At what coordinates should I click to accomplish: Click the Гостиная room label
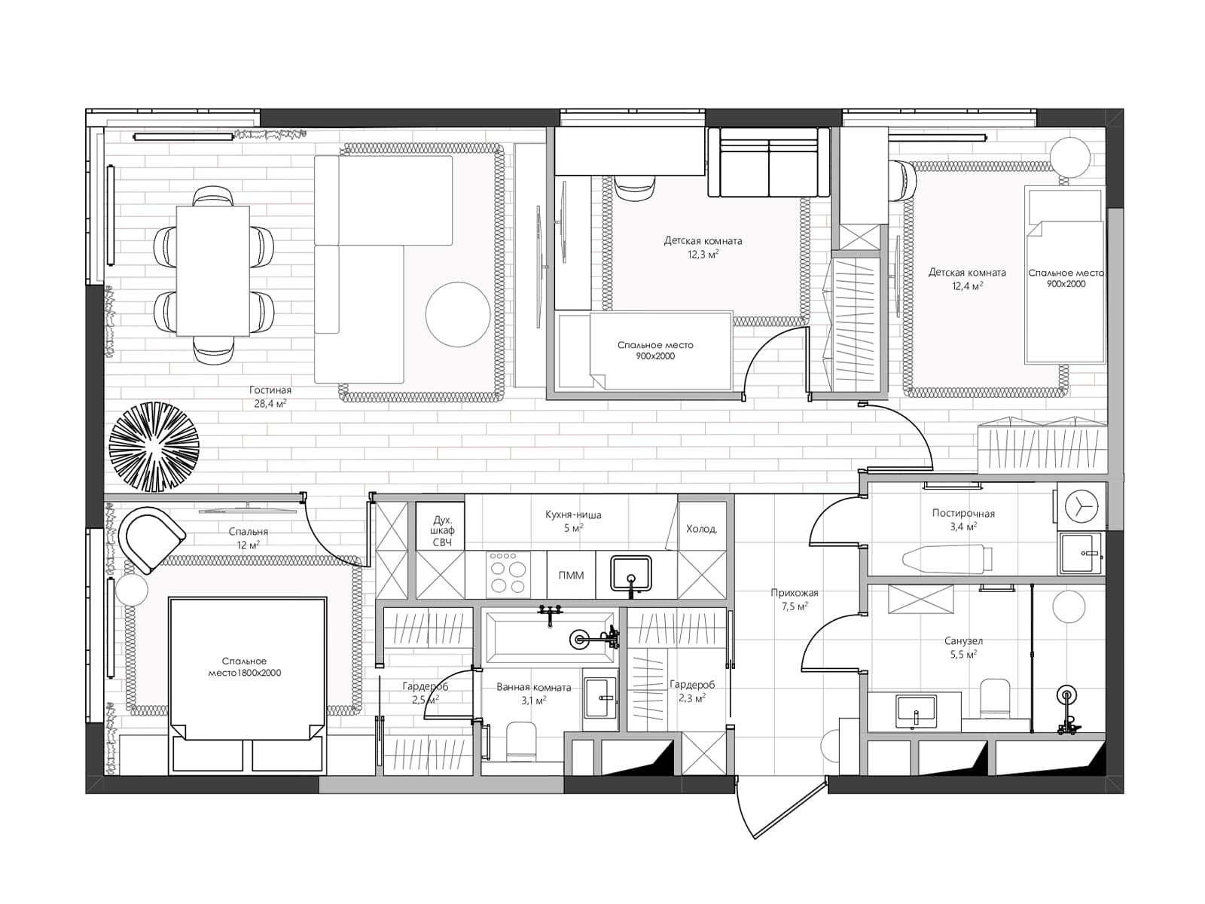click(270, 390)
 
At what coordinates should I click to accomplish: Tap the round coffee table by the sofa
click(457, 314)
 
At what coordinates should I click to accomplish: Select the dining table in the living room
click(213, 270)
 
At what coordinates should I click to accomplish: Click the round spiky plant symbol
click(154, 447)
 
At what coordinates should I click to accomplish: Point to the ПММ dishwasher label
click(571, 576)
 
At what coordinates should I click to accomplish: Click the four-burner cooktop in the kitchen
click(508, 574)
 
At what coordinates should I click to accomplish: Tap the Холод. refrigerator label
click(701, 529)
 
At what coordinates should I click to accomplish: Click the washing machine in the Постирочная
click(1081, 505)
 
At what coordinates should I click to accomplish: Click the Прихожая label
click(795, 593)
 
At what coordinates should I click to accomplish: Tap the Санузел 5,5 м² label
click(963, 648)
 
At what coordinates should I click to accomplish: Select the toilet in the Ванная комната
click(520, 741)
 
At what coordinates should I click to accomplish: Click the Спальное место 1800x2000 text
click(244, 667)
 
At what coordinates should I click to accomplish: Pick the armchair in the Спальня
click(153, 539)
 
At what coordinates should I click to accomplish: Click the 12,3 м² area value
click(703, 254)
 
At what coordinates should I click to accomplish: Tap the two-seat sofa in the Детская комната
click(769, 162)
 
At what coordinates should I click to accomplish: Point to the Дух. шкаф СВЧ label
click(442, 531)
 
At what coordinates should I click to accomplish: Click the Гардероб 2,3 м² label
click(691, 692)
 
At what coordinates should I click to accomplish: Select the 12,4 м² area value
click(967, 286)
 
